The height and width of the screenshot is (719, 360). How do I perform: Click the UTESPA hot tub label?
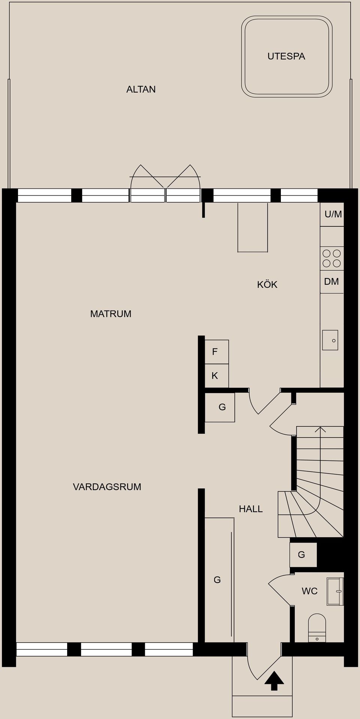(286, 57)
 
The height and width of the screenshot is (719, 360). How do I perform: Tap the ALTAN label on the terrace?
(141, 90)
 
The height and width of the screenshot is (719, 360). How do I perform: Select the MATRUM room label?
(111, 314)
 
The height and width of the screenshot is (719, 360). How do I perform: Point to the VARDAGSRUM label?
(107, 487)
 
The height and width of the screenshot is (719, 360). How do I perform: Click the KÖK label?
(267, 285)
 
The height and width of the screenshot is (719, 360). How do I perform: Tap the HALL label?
(250, 509)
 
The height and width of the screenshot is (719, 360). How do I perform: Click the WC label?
(309, 591)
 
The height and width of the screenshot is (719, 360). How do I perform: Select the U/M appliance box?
(332, 214)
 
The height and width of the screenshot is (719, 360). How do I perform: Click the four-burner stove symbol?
(331, 259)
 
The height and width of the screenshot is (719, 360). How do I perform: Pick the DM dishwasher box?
(331, 282)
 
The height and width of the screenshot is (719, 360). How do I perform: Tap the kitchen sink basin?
(330, 340)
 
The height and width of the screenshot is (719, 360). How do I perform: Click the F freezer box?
(216, 352)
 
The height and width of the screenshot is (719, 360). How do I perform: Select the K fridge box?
(216, 376)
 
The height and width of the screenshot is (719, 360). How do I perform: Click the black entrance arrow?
(274, 681)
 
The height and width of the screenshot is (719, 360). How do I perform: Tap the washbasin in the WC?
(335, 592)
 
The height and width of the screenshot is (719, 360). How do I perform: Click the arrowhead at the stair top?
(320, 429)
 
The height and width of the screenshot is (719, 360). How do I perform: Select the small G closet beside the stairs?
(303, 555)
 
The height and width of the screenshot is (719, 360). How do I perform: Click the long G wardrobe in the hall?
(218, 580)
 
